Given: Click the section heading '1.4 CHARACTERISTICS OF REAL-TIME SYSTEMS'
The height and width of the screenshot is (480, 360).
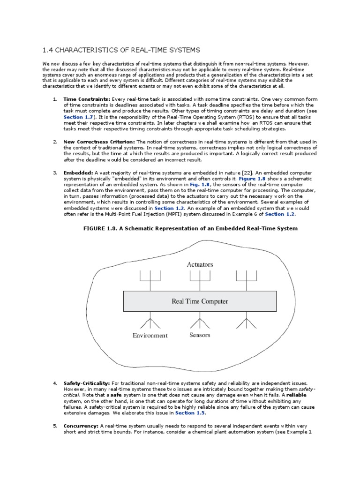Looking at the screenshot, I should click(121, 50).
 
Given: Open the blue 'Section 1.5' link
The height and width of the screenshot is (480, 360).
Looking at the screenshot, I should click(190, 413).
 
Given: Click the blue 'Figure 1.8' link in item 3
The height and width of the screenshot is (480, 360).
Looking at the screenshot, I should click(253, 179).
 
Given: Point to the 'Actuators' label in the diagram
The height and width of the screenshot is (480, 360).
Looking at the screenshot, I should click(200, 264).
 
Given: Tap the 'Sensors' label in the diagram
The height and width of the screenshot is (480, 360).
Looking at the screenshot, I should click(200, 335).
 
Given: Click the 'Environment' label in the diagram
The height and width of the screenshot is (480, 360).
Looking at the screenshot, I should click(150, 335).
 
